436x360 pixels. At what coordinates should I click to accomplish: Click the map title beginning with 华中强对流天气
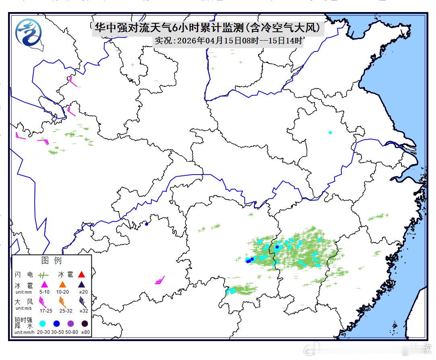tap(207, 27)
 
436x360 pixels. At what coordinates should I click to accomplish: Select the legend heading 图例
tap(52, 261)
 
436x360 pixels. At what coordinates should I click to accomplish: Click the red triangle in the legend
tap(82, 274)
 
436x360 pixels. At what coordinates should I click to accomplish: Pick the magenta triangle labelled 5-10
tap(44, 284)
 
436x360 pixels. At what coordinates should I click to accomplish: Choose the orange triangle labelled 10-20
tap(62, 284)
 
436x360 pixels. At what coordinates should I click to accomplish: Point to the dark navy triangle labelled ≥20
tap(82, 284)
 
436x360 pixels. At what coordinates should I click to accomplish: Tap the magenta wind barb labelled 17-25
tap(43, 302)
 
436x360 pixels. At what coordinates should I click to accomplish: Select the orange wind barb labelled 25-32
tap(63, 301)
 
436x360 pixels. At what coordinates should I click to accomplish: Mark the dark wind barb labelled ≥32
tap(83, 301)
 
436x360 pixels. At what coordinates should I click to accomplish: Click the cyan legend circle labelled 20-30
tap(42, 323)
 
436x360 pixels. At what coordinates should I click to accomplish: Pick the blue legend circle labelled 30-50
tap(56, 323)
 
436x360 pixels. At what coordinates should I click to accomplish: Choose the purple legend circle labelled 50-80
tap(71, 323)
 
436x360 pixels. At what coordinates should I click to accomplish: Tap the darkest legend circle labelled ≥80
tap(85, 323)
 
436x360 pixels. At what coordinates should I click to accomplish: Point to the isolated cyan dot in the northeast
tap(330, 132)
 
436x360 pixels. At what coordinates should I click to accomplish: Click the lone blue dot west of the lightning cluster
tap(147, 224)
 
